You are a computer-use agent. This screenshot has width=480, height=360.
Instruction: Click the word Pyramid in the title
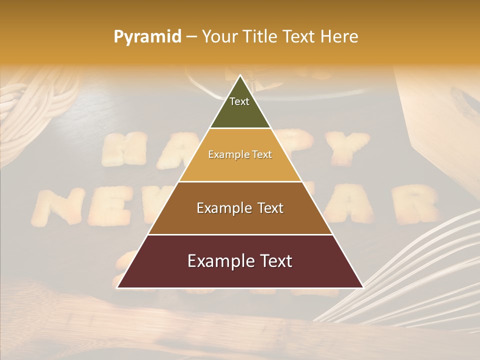147,36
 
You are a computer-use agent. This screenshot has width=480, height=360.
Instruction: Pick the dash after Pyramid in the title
191,37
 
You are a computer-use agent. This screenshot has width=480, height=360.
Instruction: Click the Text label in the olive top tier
239,101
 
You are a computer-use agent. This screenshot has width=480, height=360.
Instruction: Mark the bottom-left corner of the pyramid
117,287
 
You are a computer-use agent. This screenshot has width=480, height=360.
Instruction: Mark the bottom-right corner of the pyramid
363,287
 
